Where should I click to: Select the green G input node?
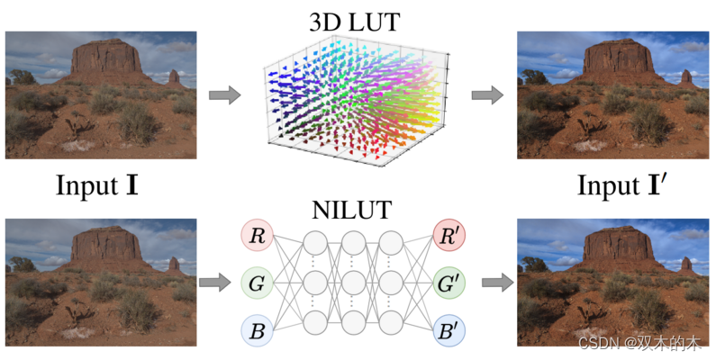pos(257,284)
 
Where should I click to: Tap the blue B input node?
pos(257,331)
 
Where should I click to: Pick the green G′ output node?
pos(449,284)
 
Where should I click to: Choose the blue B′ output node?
pos(449,331)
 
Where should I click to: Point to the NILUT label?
pos(352,211)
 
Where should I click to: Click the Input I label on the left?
pos(96,186)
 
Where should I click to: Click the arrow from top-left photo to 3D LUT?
pos(224,94)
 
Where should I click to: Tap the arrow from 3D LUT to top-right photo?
pos(487,94)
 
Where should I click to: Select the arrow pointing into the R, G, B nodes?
pos(214,283)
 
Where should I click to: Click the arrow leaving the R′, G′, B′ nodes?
pos(495,283)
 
